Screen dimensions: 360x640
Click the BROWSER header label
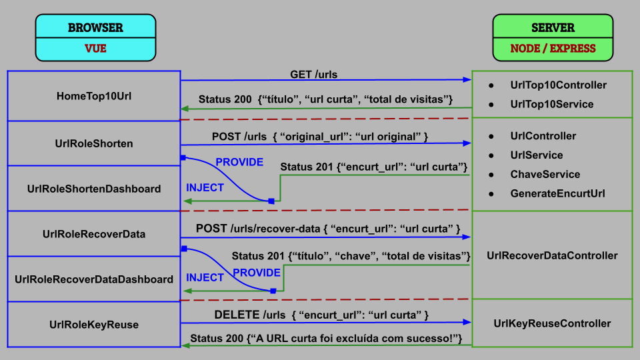[95, 28]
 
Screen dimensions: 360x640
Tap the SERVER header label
[553, 28]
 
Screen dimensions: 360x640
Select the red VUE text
[95, 48]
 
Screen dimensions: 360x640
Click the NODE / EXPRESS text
[553, 49]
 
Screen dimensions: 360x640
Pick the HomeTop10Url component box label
[94, 96]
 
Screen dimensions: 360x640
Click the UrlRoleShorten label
[94, 143]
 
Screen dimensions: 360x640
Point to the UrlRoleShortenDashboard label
[94, 189]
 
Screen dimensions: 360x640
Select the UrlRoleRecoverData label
[94, 234]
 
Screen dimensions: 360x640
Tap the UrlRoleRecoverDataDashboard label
[94, 279]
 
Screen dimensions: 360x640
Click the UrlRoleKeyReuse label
[94, 325]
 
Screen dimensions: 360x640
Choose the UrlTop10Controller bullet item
[558, 85]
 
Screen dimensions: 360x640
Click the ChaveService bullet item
[545, 175]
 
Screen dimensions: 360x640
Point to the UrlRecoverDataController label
[552, 255]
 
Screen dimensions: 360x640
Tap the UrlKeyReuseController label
[552, 323]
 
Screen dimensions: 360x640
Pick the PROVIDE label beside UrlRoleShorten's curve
[239, 163]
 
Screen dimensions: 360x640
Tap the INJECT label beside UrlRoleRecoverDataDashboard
[205, 278]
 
